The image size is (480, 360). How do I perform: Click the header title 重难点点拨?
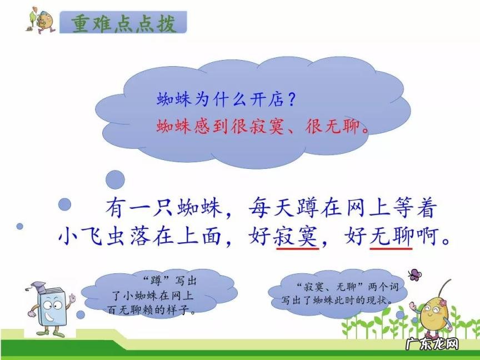tap(123, 24)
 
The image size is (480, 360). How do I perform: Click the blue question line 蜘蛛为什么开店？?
tap(226, 101)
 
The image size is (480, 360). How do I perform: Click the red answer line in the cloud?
tap(262, 127)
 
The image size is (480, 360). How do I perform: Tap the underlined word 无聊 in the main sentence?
tap(391, 237)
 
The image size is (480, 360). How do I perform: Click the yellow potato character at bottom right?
tap(434, 314)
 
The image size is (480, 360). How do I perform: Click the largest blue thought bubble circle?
tap(116, 179)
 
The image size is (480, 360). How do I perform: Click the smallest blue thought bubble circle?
tap(19, 226)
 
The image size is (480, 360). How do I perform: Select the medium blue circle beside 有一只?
tap(65, 204)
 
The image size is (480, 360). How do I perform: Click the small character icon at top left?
tap(39, 21)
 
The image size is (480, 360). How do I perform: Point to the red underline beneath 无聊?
tap(391, 249)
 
